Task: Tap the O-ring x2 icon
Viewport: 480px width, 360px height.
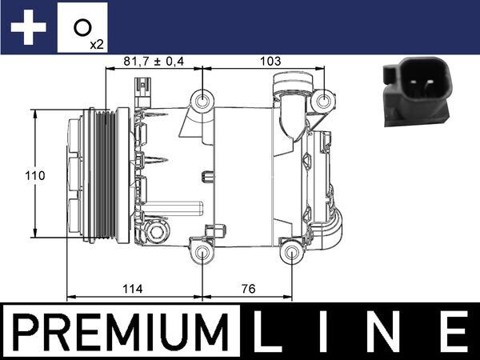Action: (85, 29)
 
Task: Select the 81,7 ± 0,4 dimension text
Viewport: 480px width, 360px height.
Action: (153, 61)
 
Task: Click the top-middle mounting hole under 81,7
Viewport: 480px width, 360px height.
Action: (203, 101)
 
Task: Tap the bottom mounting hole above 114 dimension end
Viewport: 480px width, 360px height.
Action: (203, 254)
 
